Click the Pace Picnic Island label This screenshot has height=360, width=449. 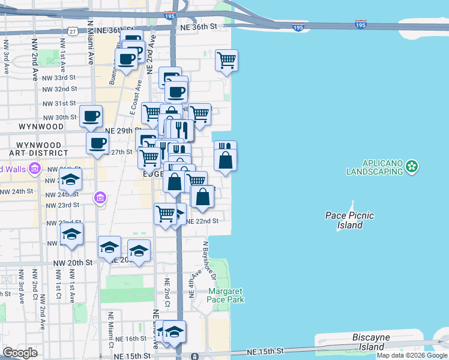(349, 220)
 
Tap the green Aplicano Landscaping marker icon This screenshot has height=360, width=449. (411, 165)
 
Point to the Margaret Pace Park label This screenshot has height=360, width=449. (226, 295)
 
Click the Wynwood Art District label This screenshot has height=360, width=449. (40, 149)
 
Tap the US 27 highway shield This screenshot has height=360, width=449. (72, 31)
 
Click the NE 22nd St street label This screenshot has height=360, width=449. (202, 221)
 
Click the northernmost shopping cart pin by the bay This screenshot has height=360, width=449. (226, 59)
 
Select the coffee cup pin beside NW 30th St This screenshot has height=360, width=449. (91, 115)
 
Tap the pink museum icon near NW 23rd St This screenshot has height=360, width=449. (100, 197)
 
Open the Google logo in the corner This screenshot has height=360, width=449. (20, 353)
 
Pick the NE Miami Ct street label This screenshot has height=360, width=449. (111, 329)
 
